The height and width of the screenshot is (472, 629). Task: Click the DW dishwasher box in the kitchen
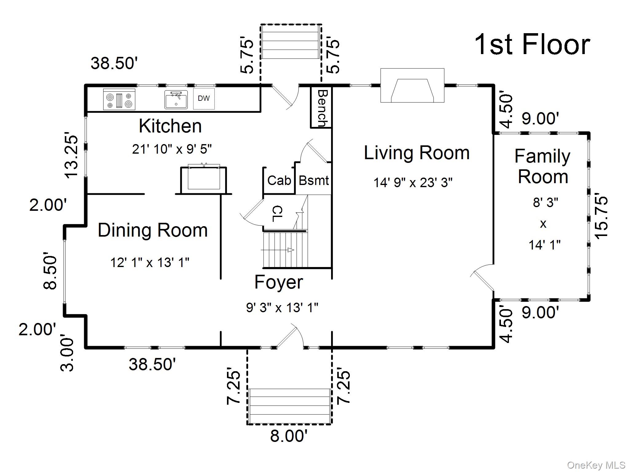[204, 98]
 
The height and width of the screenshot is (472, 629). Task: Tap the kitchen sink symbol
[176, 100]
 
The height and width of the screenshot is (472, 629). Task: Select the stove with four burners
[119, 99]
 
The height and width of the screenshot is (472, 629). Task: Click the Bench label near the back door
[322, 108]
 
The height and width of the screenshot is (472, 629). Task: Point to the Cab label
[279, 180]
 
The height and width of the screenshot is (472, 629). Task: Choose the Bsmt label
[314, 180]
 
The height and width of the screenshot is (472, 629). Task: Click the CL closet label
[277, 214]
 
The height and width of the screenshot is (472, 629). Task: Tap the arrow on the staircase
[290, 250]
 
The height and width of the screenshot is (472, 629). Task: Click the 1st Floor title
[532, 45]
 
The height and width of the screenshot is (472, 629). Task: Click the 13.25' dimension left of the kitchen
[71, 155]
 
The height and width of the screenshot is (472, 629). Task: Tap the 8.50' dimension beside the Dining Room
[50, 271]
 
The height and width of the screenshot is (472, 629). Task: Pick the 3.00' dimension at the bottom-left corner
[67, 355]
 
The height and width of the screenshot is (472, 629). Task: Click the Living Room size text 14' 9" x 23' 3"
[413, 183]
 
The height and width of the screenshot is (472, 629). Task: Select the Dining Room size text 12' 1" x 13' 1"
[150, 262]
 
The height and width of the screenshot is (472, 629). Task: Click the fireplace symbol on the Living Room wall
[412, 85]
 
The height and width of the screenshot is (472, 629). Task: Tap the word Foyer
[279, 282]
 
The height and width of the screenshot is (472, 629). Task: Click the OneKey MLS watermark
[596, 465]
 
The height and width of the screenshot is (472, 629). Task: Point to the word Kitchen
[170, 126]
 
